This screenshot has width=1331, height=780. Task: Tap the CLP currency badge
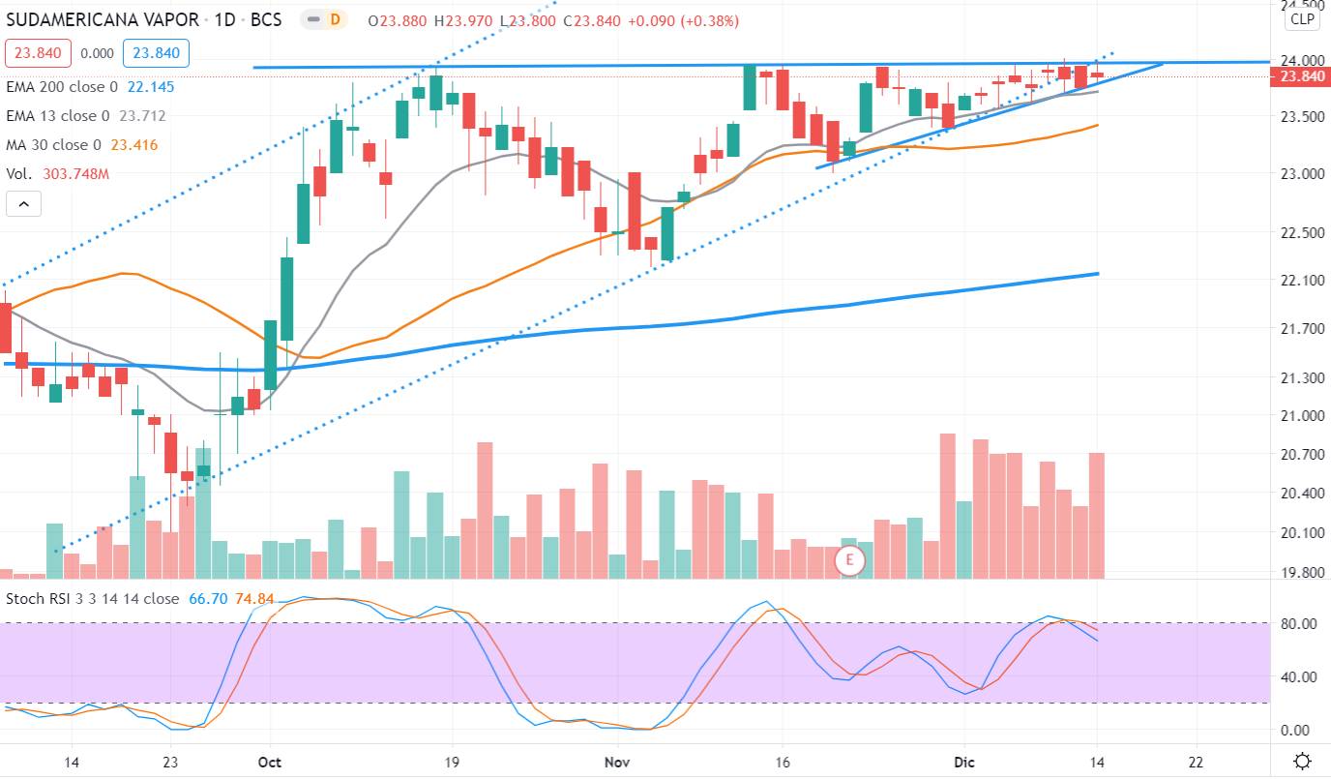1302,18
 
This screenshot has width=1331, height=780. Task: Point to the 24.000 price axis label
1299,59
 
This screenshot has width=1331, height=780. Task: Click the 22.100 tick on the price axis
1299,281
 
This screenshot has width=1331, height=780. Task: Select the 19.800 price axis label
1299,573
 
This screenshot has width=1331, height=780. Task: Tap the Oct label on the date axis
271,762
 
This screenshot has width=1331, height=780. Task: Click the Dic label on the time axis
963,762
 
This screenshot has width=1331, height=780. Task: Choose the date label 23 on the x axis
171,762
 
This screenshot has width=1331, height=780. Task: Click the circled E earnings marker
850,560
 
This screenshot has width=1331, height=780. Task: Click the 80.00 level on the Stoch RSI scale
1299,624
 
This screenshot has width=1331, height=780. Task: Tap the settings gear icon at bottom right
1302,761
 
